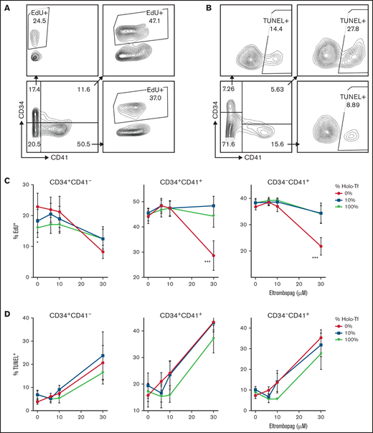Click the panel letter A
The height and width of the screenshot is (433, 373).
[5, 6]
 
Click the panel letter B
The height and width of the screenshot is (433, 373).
[198, 6]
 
